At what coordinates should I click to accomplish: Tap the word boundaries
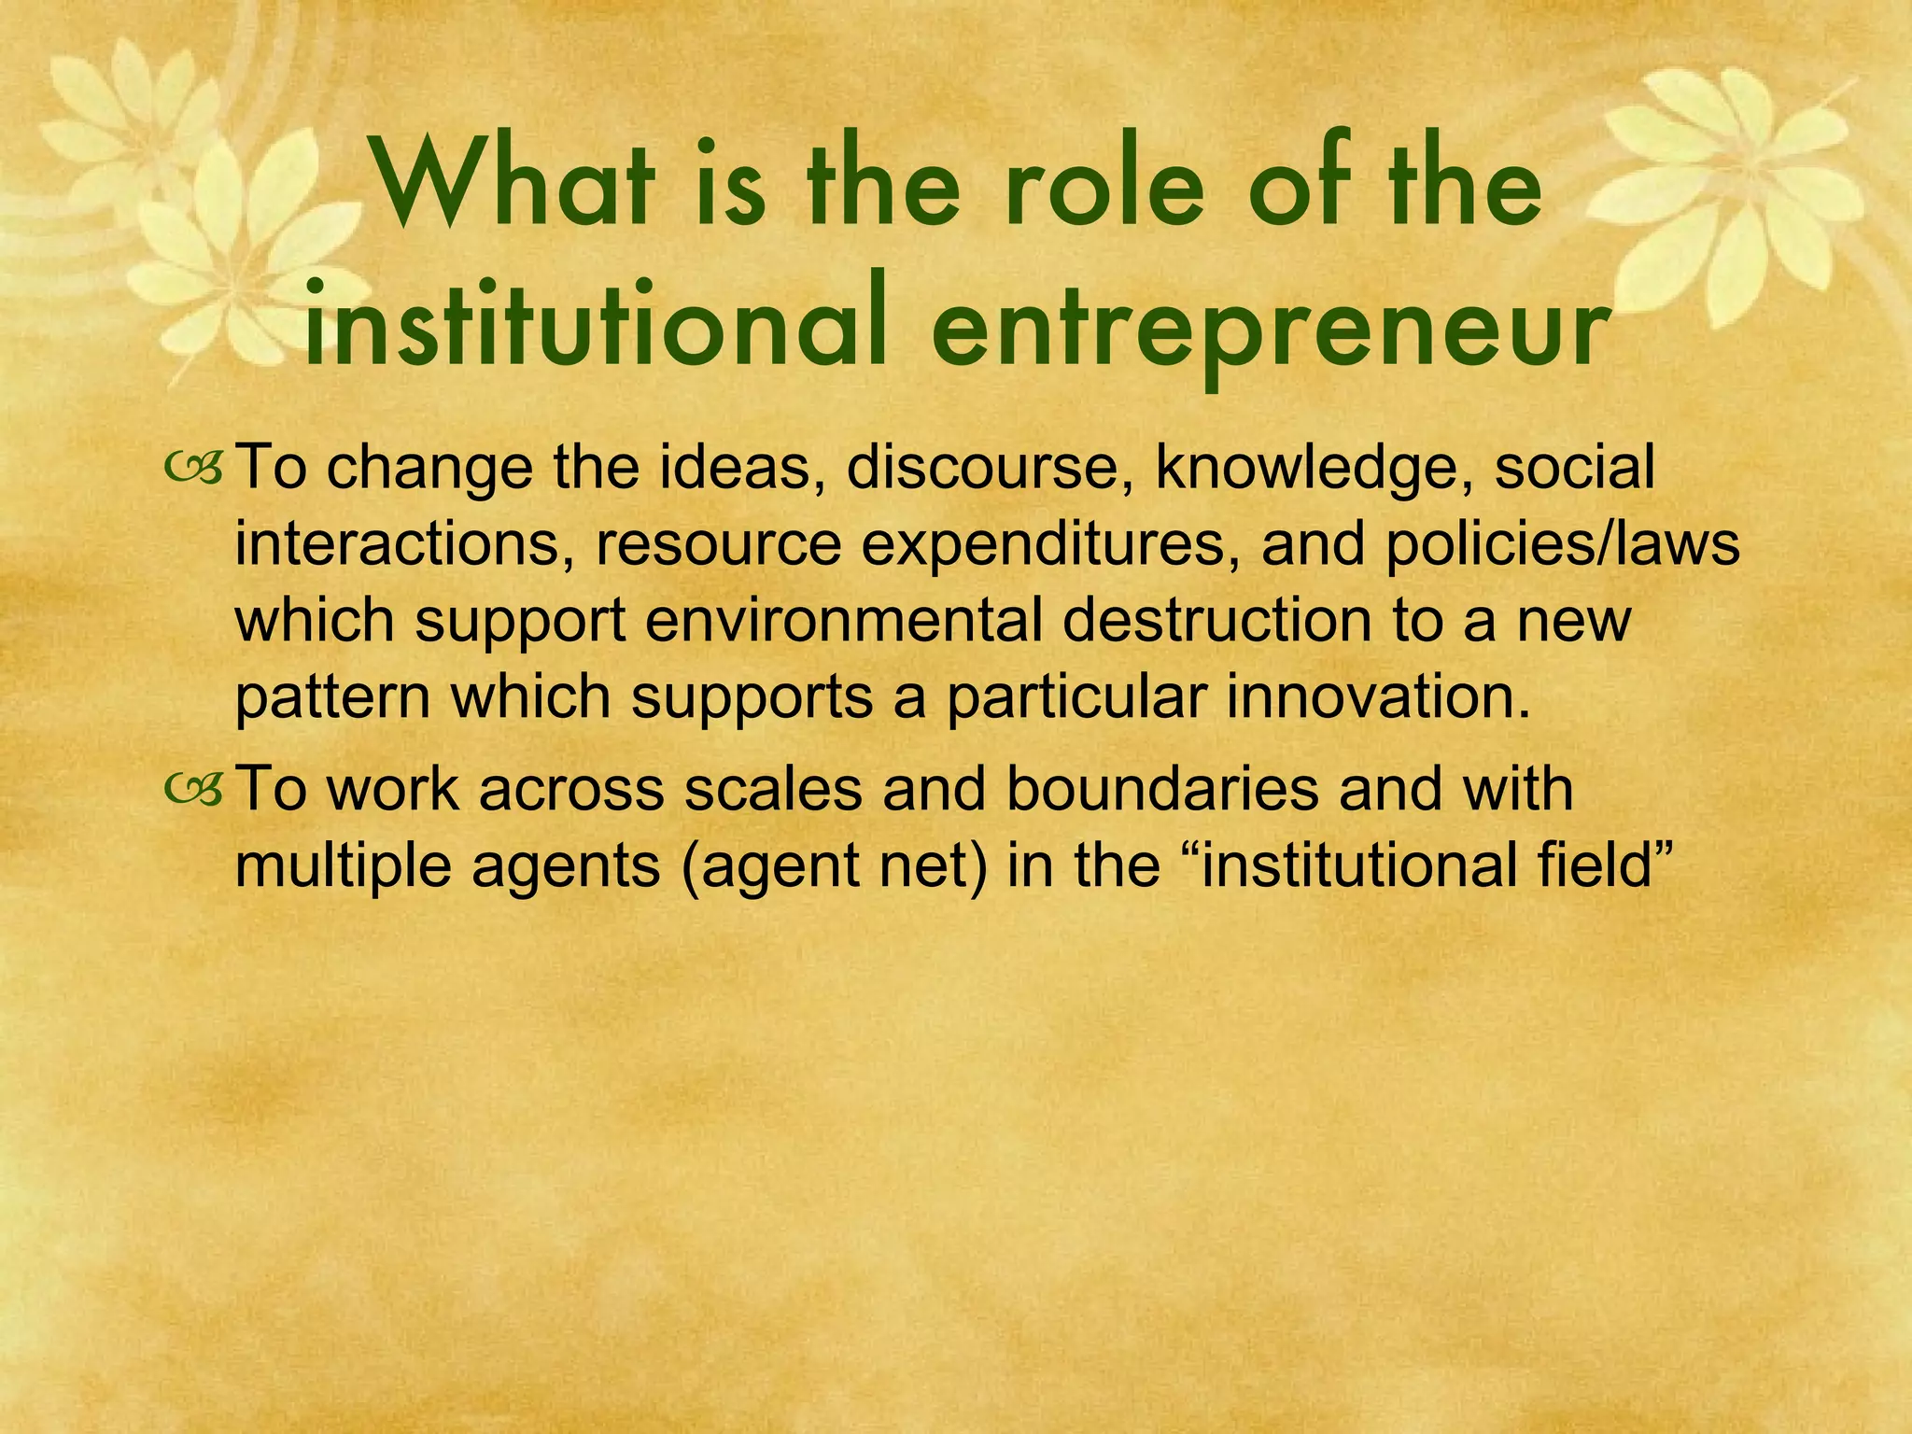click(x=1162, y=789)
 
